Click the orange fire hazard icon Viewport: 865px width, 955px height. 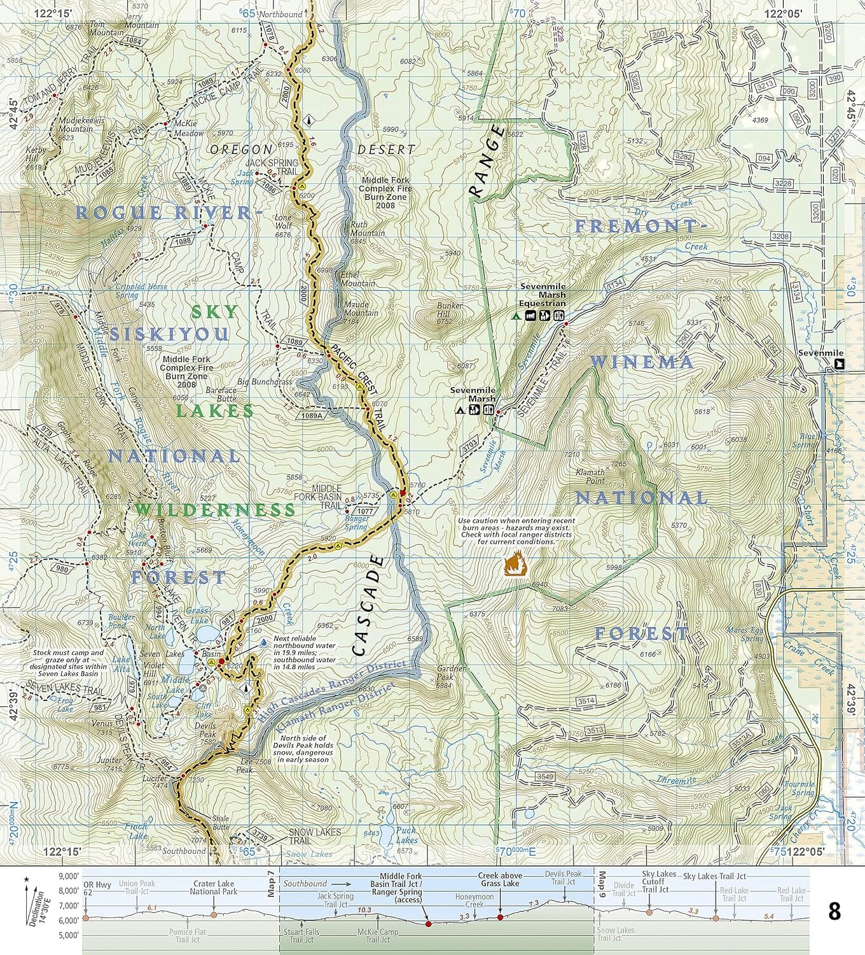(x=513, y=564)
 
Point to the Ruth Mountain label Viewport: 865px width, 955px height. (x=368, y=229)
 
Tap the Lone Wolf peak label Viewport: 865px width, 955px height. (x=282, y=222)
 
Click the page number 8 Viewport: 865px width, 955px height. (x=834, y=912)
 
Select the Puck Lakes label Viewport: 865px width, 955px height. (x=406, y=835)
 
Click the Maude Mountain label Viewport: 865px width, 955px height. (x=361, y=308)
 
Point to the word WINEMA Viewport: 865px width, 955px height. (x=642, y=362)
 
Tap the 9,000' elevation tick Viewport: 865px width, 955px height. (x=69, y=876)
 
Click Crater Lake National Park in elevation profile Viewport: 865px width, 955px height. (x=213, y=888)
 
